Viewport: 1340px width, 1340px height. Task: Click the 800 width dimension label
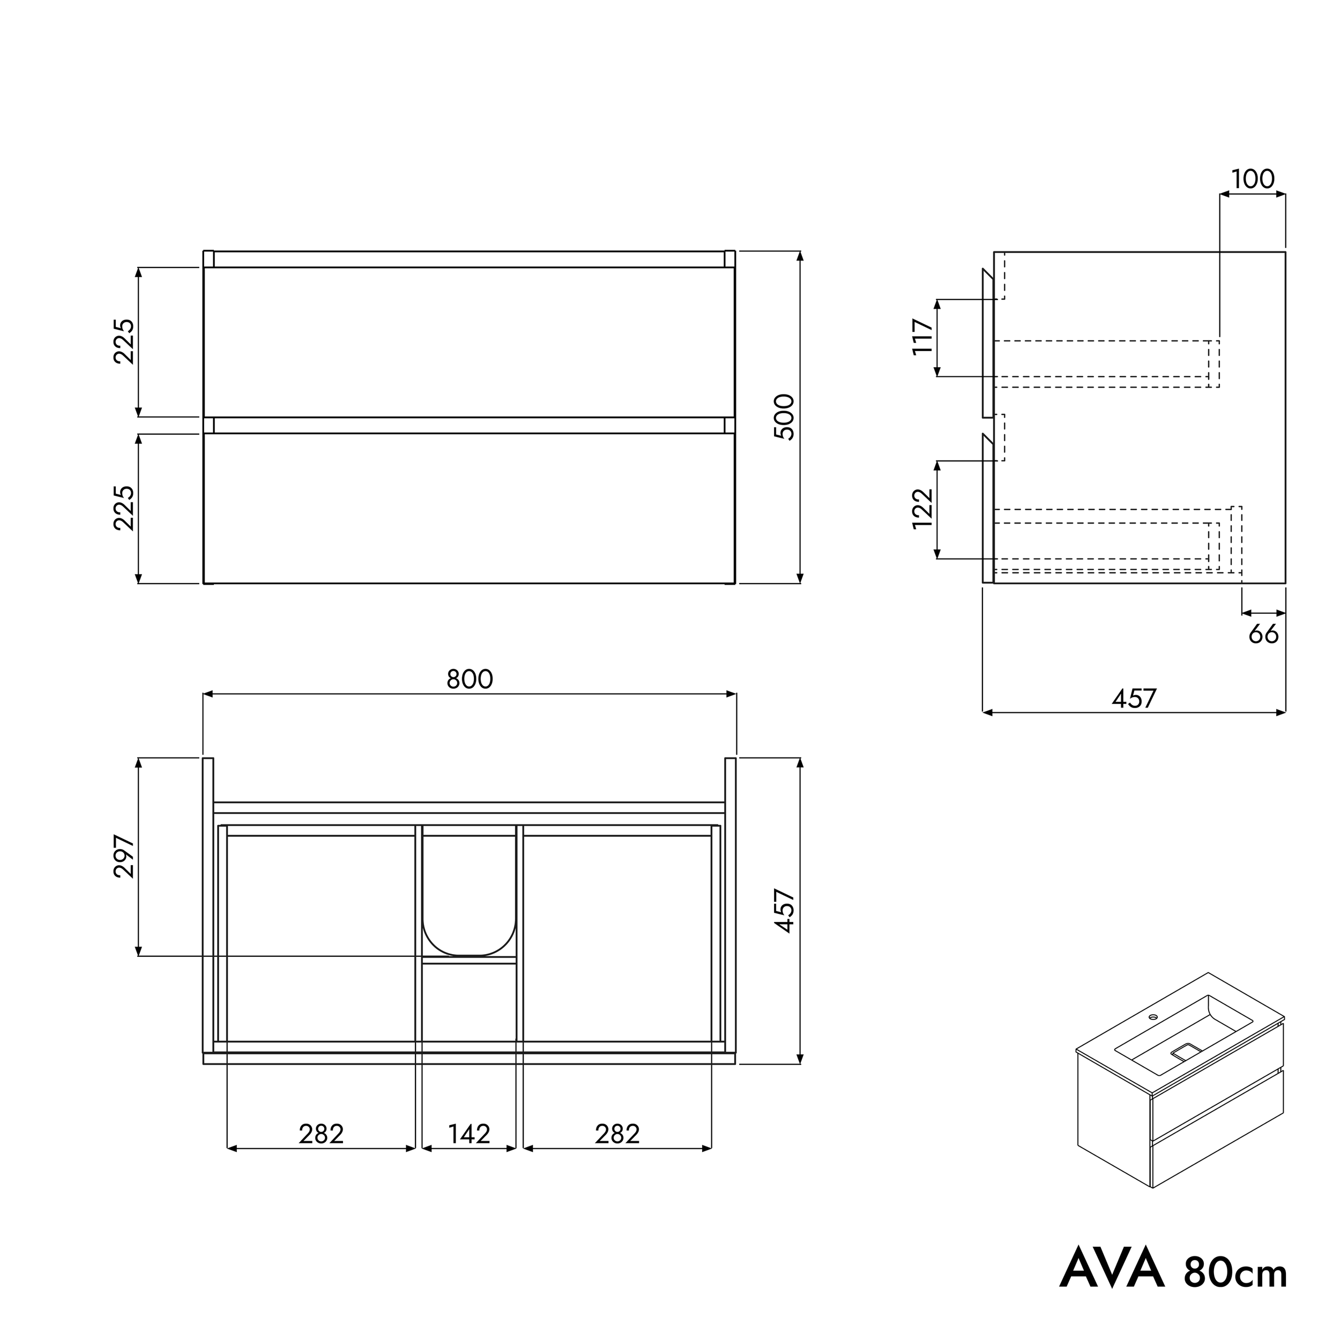[x=470, y=679]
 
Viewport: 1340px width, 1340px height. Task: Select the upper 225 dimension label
[x=124, y=341]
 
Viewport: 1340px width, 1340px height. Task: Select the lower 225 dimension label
[x=124, y=508]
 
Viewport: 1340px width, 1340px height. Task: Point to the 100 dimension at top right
[x=1253, y=179]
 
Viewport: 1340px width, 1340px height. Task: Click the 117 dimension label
[x=922, y=337]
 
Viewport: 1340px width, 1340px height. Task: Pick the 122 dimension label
[x=922, y=509]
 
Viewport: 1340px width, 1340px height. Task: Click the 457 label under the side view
[x=1134, y=698]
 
